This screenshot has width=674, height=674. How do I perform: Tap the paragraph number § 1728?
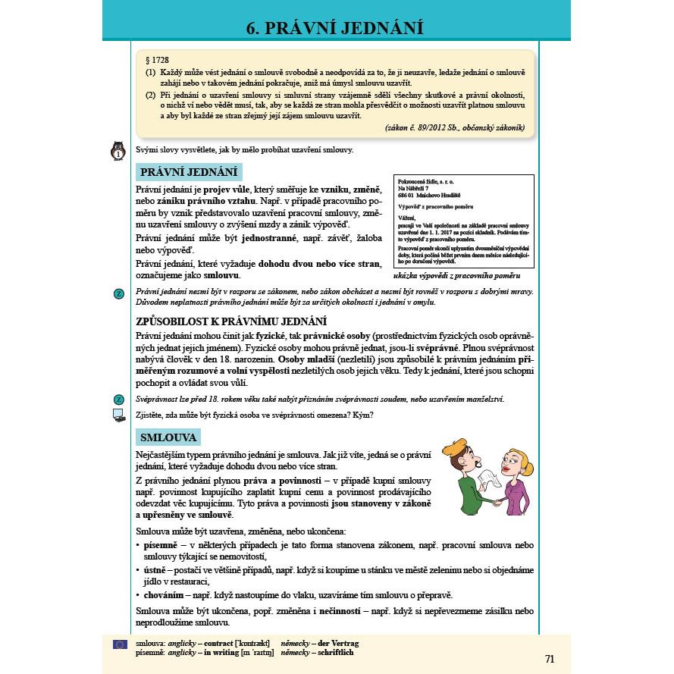coord(156,60)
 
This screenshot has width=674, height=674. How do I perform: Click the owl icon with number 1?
coord(119,151)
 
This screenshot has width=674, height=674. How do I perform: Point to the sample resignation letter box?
coord(463,221)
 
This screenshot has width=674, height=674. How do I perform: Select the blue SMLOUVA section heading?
coord(168,437)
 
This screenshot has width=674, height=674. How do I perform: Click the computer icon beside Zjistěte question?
coord(118,415)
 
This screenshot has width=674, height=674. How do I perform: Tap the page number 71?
coord(550,658)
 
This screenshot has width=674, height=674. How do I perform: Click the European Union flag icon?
coord(119,644)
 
